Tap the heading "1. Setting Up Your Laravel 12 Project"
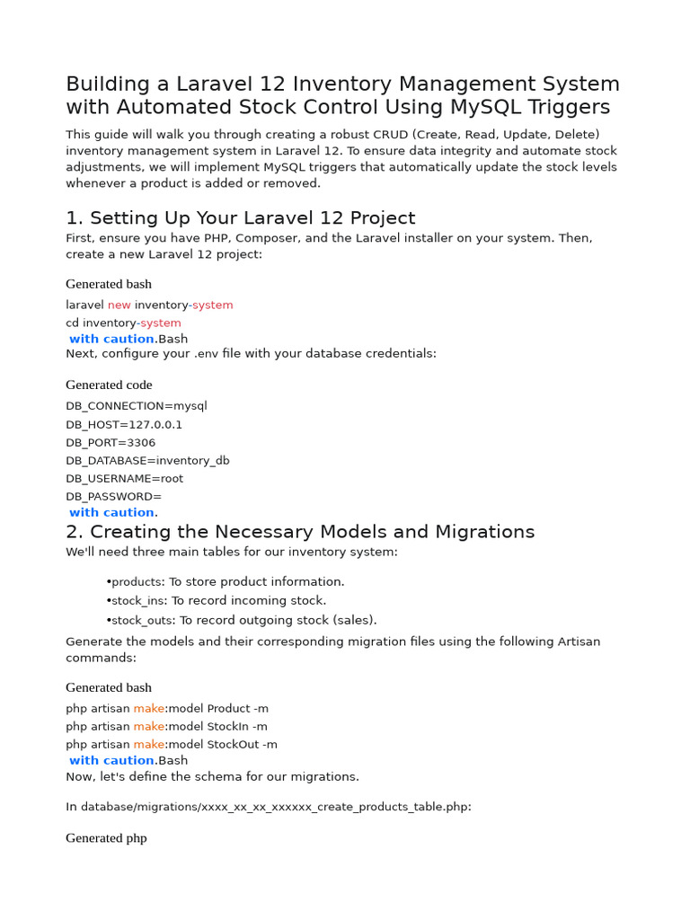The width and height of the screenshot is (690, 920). (x=240, y=218)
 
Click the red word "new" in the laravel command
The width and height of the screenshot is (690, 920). (x=119, y=305)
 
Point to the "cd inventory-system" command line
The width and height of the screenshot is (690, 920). (x=123, y=323)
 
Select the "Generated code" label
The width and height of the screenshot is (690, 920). (x=109, y=385)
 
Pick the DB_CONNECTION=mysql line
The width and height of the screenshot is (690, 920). (x=136, y=406)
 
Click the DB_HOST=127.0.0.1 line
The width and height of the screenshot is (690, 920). (x=124, y=424)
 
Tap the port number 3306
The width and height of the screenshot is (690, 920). (x=140, y=443)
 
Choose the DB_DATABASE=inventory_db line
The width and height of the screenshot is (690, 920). (x=147, y=461)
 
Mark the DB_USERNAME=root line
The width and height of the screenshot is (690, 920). (x=124, y=479)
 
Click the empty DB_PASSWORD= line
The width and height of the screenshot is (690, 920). (x=113, y=497)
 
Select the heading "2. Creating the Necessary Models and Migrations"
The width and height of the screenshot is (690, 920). (x=300, y=532)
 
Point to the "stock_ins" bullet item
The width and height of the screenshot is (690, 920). (x=216, y=601)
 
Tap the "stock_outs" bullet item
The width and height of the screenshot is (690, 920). (x=242, y=620)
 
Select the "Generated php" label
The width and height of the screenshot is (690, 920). (x=106, y=838)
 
